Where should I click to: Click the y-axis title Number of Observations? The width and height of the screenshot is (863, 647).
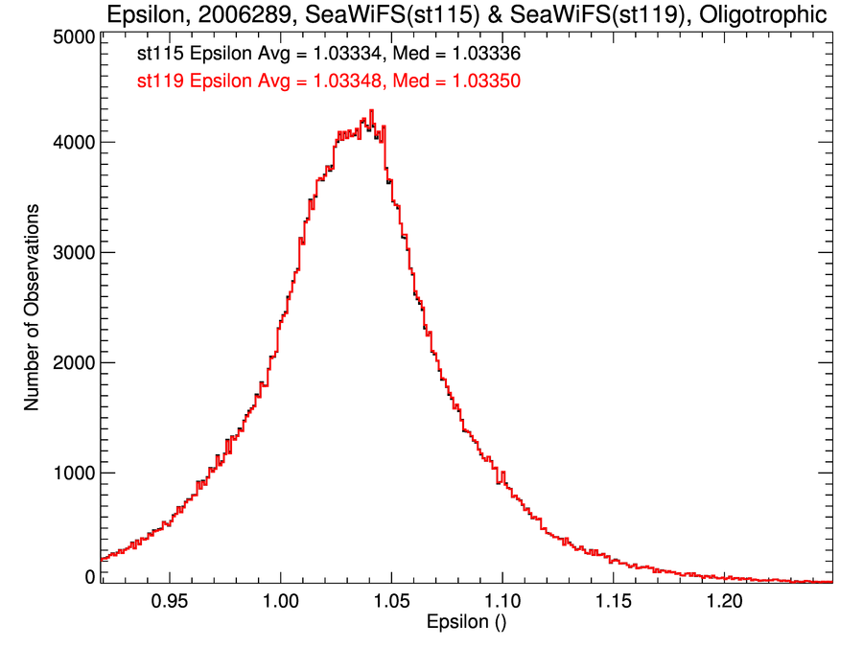pos(32,307)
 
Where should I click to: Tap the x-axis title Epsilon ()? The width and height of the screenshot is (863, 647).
pos(466,622)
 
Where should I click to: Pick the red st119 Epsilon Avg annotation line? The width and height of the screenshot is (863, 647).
pos(328,82)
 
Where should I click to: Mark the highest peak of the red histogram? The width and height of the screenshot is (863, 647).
pos(371,111)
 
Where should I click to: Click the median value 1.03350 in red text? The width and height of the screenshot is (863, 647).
pos(487,82)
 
